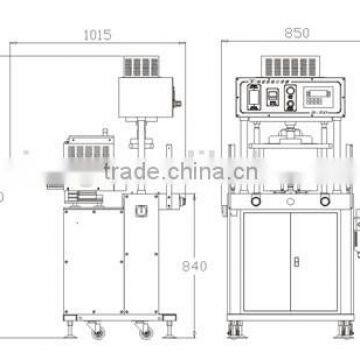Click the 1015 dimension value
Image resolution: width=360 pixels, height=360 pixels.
pos(97,34)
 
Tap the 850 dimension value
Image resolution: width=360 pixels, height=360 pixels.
pos(296,33)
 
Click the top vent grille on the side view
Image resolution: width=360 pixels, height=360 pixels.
pos(140,66)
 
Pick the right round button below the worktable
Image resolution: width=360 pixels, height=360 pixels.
pos(325,200)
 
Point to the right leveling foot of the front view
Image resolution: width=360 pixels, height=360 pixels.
pos(345,328)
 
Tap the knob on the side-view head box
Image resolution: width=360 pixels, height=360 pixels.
pos(176,101)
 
